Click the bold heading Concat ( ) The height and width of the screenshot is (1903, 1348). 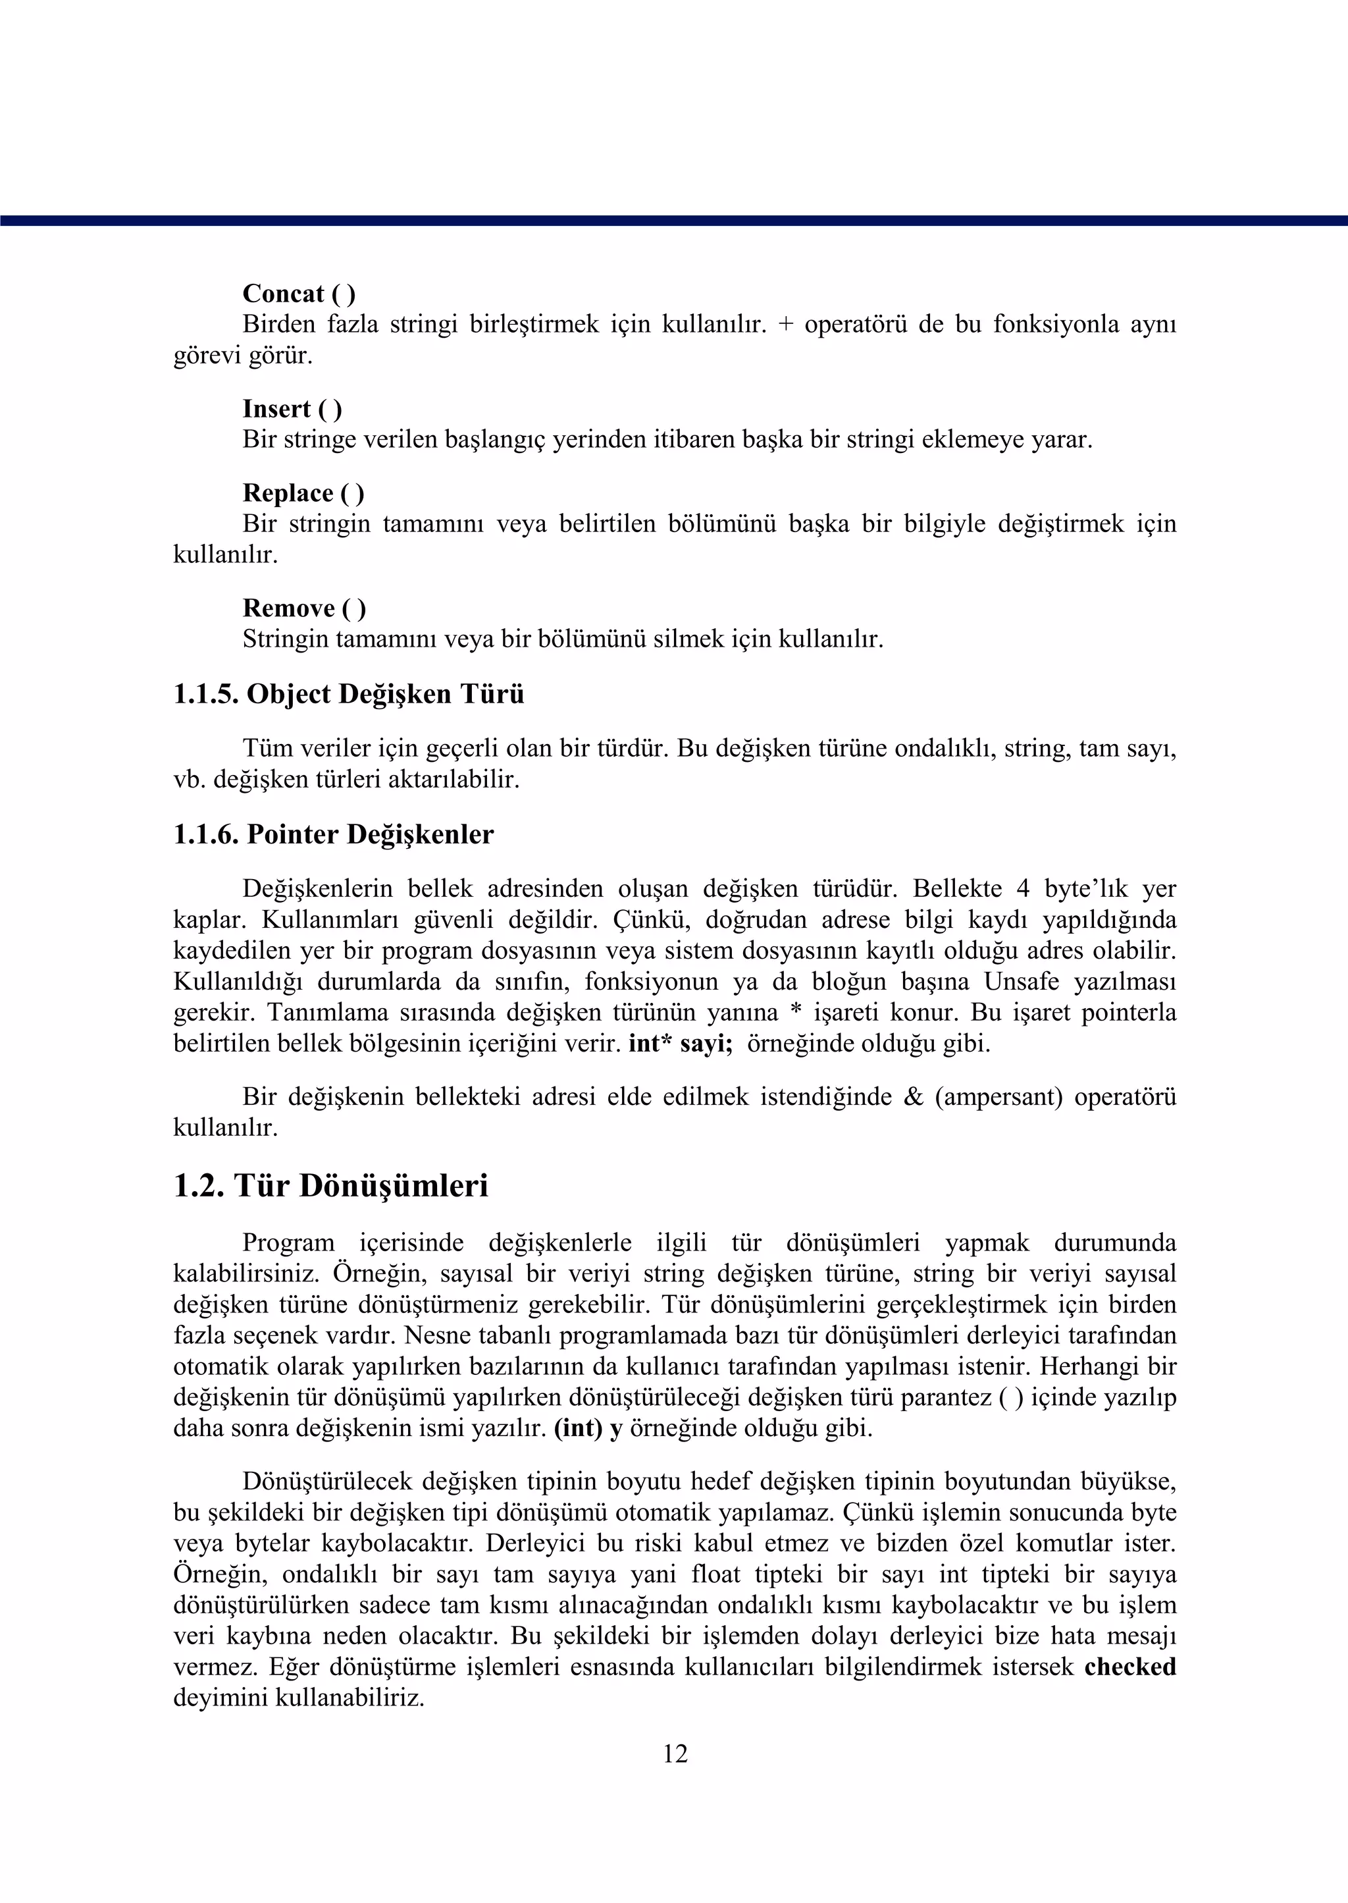pos(299,294)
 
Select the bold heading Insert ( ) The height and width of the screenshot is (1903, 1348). pos(292,410)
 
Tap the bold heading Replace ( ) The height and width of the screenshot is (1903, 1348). pos(303,493)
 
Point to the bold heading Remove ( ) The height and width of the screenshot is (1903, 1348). pos(304,608)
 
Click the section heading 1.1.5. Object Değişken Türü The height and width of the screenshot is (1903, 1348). pos(349,694)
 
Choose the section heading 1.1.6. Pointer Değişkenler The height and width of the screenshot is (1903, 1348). pos(333,834)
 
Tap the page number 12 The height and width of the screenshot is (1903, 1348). pos(675,1754)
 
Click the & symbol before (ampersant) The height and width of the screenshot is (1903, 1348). pos(913,1098)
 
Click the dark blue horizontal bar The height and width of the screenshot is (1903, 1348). pos(674,221)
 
